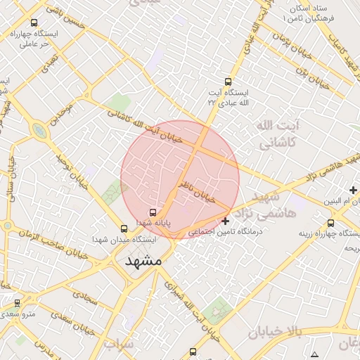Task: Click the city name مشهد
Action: (x=143, y=260)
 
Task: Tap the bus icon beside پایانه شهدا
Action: (x=152, y=212)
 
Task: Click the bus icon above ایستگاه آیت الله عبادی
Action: (x=226, y=82)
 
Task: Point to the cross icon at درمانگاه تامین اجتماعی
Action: (x=224, y=221)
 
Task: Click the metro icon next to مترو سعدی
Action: (x=17, y=302)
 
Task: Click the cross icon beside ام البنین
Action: (x=353, y=190)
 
